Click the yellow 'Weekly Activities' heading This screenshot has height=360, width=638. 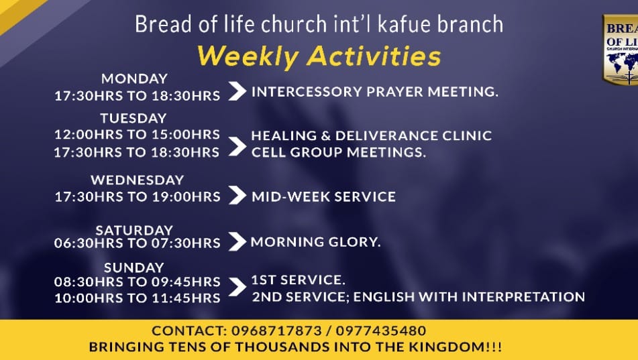pos(319,56)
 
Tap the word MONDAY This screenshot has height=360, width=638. pos(134,78)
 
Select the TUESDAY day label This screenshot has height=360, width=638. pos(134,118)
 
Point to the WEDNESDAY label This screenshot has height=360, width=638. pos(138,180)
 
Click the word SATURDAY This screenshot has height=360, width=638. pos(134,230)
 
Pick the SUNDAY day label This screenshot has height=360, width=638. pos(134,267)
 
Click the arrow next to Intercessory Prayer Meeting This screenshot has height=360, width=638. pos(237,91)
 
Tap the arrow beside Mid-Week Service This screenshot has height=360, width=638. pos(237,195)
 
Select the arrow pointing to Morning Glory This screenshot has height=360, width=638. pos(237,241)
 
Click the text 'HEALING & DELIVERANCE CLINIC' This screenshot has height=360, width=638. pos(372,135)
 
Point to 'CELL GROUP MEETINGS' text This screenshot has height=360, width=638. pos(339,152)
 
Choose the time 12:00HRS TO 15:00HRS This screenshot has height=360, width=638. pos(137,134)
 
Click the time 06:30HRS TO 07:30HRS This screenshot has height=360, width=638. pos(137,243)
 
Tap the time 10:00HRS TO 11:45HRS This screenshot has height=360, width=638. pos(137,298)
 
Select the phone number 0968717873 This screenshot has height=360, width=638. pos(276,331)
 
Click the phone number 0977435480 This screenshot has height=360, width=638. pos(381,331)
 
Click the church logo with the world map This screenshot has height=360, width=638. pos(621,50)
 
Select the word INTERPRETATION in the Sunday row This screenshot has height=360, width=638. pos(524,296)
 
